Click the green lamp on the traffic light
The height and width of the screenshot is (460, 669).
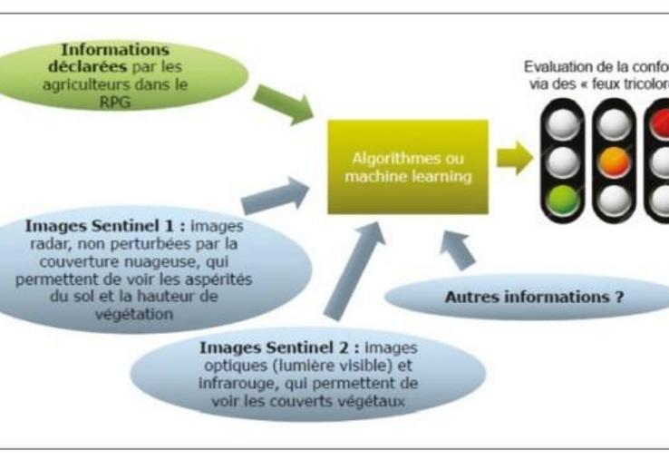565,197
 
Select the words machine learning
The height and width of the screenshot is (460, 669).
408,176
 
